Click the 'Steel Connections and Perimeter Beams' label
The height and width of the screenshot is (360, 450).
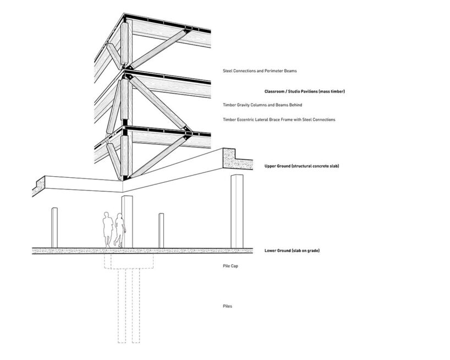pyautogui.click(x=260, y=70)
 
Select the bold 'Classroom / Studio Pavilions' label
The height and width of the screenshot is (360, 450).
pyautogui.click(x=305, y=91)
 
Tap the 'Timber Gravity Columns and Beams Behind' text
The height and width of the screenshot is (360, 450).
pyautogui.click(x=262, y=105)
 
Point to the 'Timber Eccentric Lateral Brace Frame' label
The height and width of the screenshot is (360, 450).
pyautogui.click(x=279, y=119)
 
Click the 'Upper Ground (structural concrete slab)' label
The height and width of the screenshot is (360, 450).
pyautogui.click(x=301, y=166)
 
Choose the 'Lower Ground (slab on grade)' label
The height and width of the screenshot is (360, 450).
pyautogui.click(x=292, y=250)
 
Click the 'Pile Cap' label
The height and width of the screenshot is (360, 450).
pyautogui.click(x=231, y=266)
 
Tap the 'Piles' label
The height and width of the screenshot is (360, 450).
pyautogui.click(x=227, y=306)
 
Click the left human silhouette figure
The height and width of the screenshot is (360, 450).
pyautogui.click(x=108, y=230)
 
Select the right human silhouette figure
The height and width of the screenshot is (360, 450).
pyautogui.click(x=120, y=230)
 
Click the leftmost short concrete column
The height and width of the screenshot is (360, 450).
pyautogui.click(x=54, y=228)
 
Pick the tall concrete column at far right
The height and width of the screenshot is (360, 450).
pyautogui.click(x=237, y=211)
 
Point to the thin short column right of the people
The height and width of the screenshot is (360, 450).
pyautogui.click(x=161, y=231)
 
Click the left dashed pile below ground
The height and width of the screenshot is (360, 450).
pyautogui.click(x=122, y=306)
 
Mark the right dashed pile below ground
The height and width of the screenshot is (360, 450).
pyautogui.click(x=136, y=306)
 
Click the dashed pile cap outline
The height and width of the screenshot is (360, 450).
pyautogui.click(x=129, y=261)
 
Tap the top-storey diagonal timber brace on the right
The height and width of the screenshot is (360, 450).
pyautogui.click(x=158, y=50)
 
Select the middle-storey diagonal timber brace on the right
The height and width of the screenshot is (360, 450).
pyautogui.click(x=157, y=102)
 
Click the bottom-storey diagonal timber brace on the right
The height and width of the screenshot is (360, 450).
pyautogui.click(x=158, y=157)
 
